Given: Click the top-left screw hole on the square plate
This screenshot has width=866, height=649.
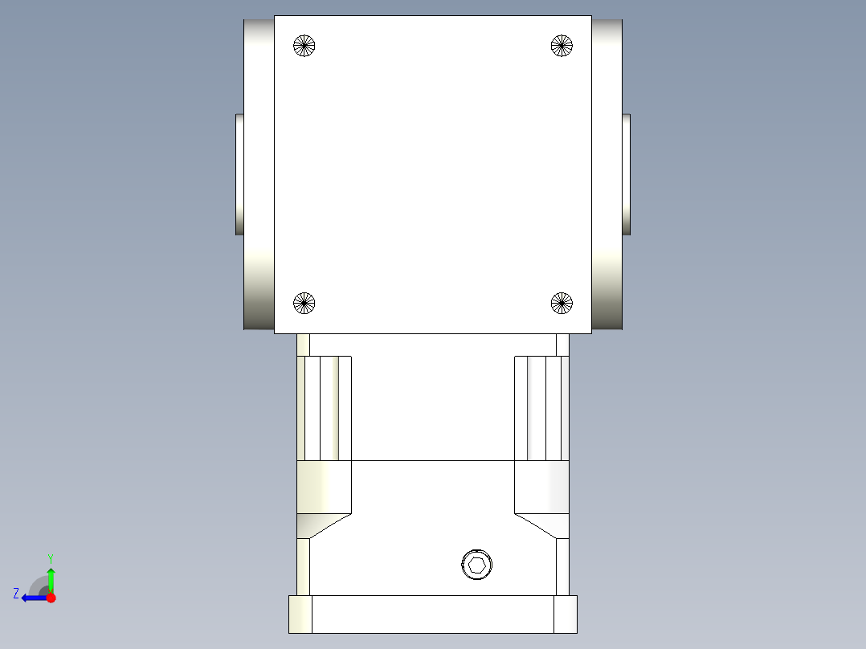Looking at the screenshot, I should (x=304, y=46).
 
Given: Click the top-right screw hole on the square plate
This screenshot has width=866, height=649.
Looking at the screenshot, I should (x=562, y=46).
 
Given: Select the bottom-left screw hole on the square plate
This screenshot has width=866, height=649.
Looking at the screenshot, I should (x=304, y=303).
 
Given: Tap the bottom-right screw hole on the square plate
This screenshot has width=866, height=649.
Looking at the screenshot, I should (x=562, y=303).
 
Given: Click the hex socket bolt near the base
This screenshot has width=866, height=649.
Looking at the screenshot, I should (x=476, y=565).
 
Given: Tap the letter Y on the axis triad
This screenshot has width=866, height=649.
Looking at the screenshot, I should (x=50, y=557).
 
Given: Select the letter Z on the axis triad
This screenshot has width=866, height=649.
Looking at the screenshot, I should (x=15, y=594).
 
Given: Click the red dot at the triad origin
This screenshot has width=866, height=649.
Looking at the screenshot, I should (x=51, y=598).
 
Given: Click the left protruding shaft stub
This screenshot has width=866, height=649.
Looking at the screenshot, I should (x=239, y=174).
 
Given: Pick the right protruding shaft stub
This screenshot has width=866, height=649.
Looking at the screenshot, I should (x=626, y=174).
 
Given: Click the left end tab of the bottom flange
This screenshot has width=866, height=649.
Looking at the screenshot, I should (x=300, y=614).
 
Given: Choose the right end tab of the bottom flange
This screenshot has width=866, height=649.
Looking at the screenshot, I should (x=566, y=614).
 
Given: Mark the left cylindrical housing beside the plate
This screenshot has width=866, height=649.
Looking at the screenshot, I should (x=259, y=174).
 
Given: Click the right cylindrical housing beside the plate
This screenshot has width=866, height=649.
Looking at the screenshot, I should (x=607, y=174).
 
